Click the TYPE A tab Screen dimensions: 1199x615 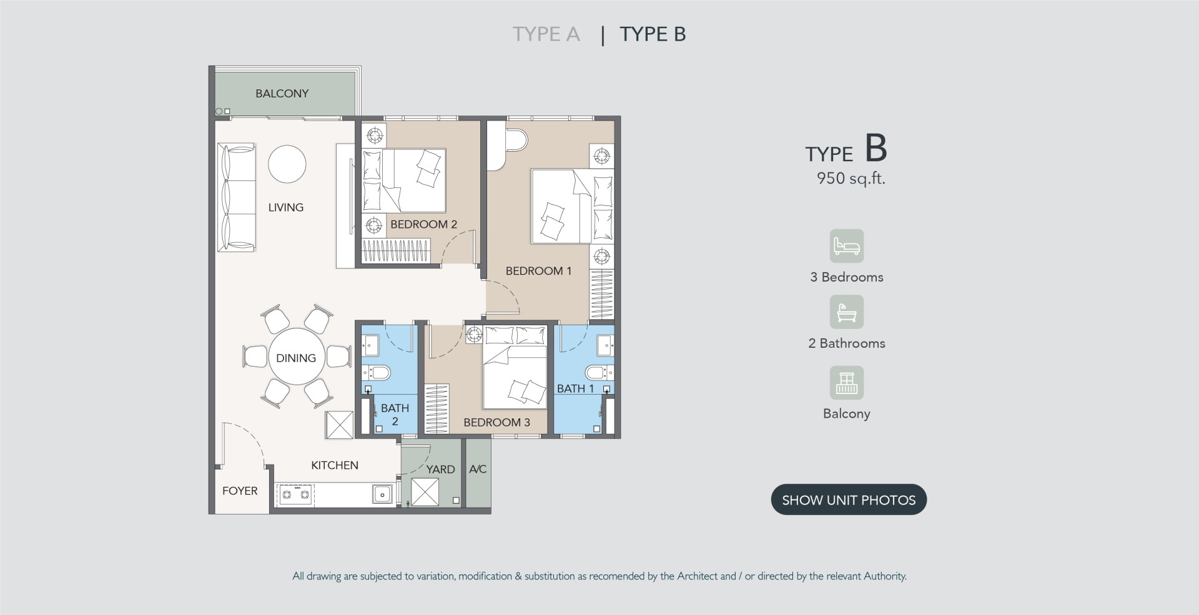546,34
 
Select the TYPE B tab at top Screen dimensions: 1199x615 653,34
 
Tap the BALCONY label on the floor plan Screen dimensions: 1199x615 282,94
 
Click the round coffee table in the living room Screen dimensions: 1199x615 287,164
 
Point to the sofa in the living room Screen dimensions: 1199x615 236,197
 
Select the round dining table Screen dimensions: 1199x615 297,357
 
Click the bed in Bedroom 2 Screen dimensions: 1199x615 404,180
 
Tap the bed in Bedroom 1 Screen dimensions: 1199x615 572,206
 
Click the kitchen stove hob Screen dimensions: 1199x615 295,494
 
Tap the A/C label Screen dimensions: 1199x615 478,469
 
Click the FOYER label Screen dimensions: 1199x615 240,491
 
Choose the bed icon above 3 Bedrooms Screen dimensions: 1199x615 847,246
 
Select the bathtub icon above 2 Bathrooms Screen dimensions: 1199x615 847,312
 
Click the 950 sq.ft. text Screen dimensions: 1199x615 851,179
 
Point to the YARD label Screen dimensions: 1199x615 440,470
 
